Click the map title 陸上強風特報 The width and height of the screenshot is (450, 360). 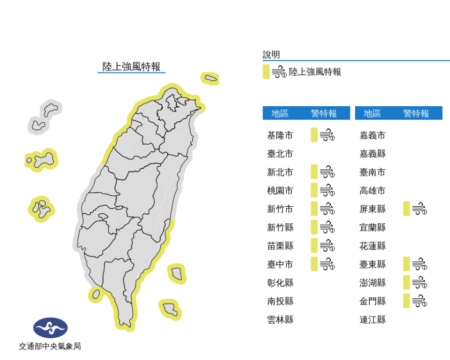tap(131, 67)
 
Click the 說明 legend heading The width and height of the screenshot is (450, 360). tap(271, 54)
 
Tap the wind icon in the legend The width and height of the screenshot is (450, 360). tap(279, 72)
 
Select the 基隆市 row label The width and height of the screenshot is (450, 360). tap(280, 136)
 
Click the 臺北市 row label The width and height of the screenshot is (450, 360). tap(280, 154)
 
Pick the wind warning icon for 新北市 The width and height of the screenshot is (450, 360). tap(327, 172)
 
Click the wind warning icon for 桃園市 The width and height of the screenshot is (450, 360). tap(327, 191)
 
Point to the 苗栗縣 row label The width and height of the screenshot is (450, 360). tap(280, 246)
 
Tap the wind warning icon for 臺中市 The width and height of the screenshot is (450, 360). tap(327, 264)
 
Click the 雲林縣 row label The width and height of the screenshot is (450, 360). tap(280, 320)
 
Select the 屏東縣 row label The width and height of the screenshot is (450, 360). tap(373, 209)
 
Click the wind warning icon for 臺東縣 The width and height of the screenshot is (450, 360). tap(419, 264)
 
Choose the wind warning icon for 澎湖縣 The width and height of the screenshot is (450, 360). tap(419, 283)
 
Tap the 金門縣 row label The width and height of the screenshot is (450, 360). tap(373, 301)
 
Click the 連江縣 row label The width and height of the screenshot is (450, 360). tap(373, 320)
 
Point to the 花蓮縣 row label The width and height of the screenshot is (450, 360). tap(373, 246)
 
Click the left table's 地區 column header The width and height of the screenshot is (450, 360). tap(280, 113)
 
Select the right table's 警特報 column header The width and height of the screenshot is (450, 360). tap(416, 113)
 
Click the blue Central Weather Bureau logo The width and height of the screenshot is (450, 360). tap(50, 327)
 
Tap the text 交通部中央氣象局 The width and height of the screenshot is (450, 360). tap(50, 346)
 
